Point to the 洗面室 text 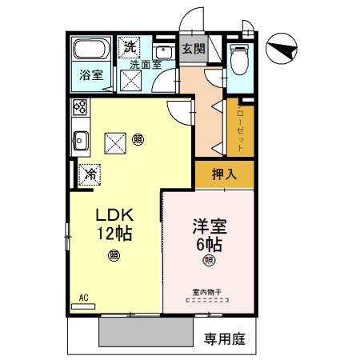(145, 65)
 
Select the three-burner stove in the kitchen (80, 106)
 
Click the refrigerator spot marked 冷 (91, 172)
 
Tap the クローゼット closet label (239, 127)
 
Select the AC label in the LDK (82, 299)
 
